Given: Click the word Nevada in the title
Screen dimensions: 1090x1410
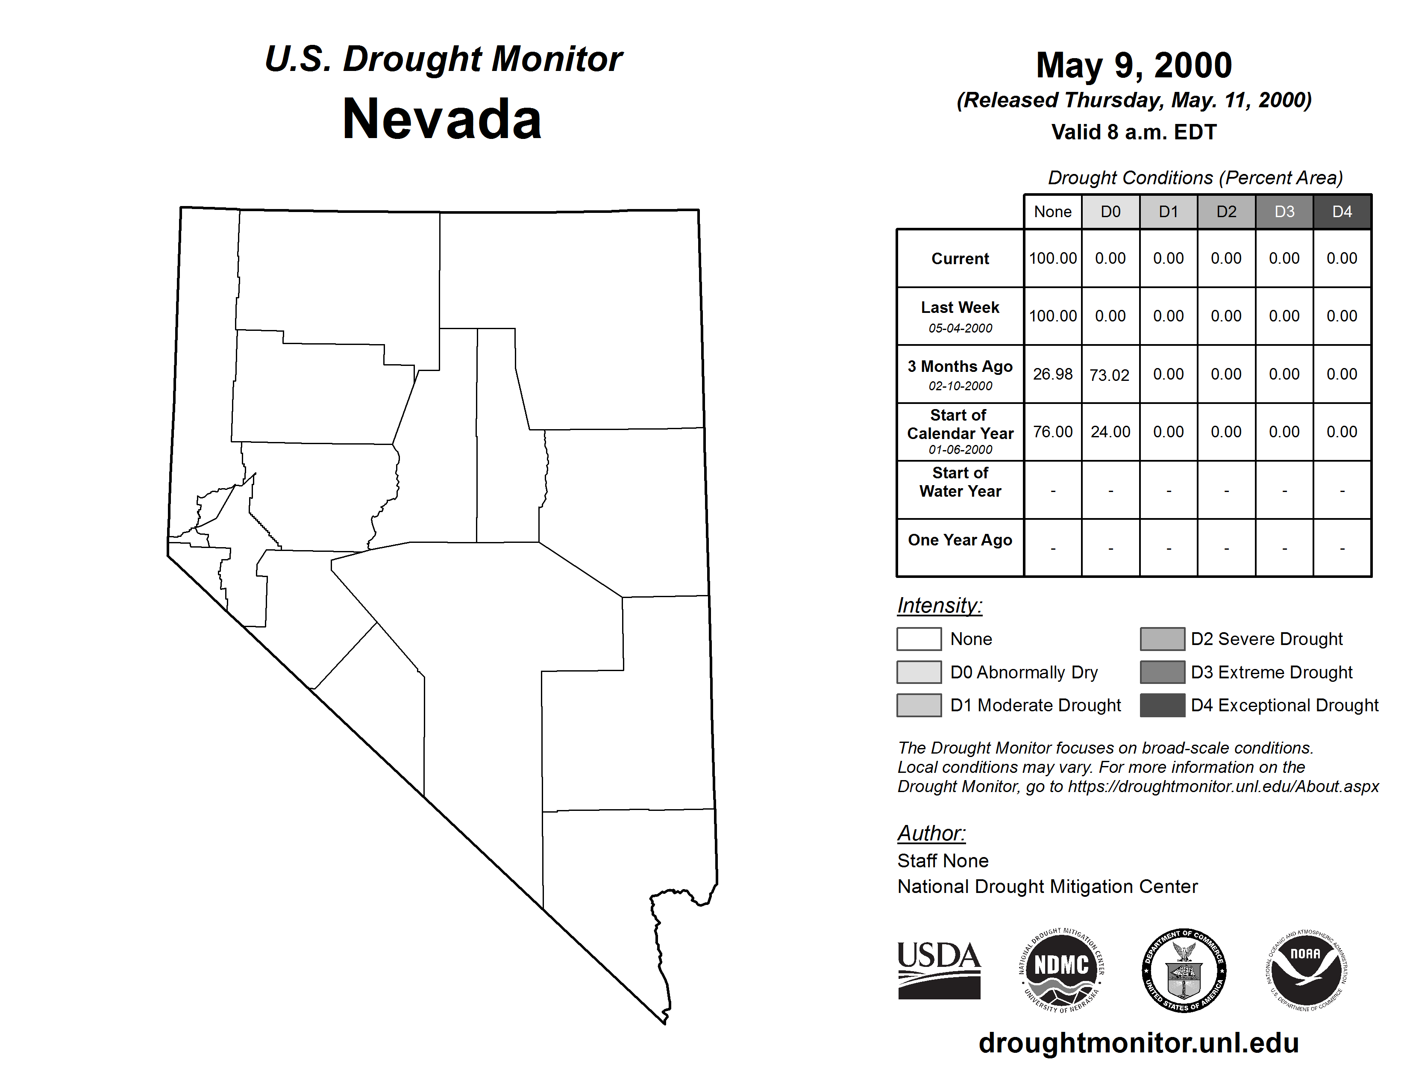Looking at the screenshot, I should point(442,119).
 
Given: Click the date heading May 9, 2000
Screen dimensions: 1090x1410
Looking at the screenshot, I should point(1134,65).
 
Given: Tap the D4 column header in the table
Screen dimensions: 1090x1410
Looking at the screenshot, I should point(1342,212).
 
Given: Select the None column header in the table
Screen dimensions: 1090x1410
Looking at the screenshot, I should point(1052,212).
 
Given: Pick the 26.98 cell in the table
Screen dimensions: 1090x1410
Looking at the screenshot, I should point(1052,374).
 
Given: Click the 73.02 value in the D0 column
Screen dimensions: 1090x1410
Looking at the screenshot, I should point(1109,375).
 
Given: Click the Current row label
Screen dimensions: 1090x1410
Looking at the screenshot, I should point(960,259).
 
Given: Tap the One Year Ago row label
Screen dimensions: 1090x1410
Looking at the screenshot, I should point(960,540).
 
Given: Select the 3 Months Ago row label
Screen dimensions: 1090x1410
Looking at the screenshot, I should point(960,367).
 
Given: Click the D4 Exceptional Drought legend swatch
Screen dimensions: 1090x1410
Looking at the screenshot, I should point(1162,705).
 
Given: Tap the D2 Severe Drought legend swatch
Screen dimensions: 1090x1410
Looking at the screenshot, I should point(1162,639).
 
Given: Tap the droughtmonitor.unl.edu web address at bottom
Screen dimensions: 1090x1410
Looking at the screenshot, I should point(1138,1043).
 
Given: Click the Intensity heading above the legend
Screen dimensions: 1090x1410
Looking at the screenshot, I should point(939,606).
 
